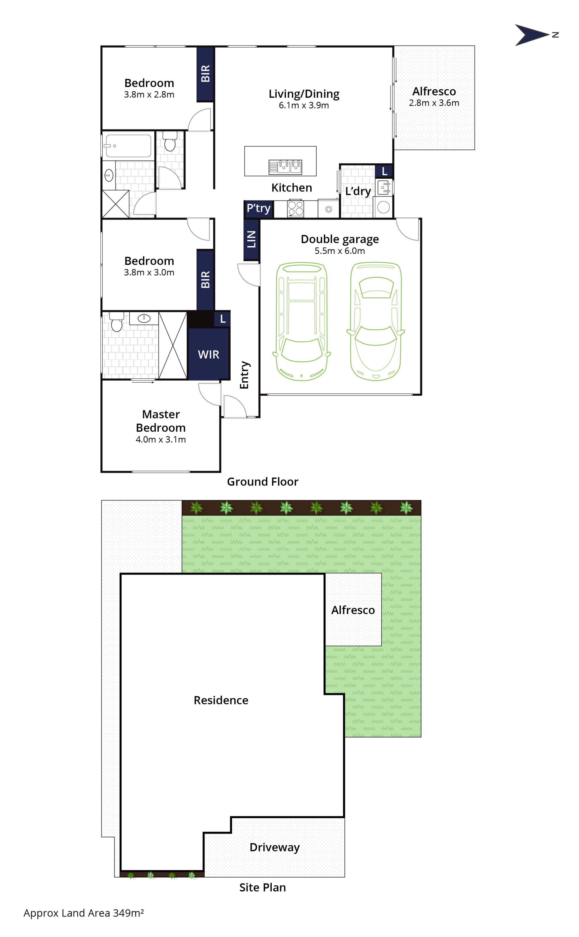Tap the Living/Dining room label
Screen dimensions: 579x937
[304, 94]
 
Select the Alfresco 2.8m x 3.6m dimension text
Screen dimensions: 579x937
[434, 103]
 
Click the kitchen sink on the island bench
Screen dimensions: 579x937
[285, 167]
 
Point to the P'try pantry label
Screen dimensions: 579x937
[259, 208]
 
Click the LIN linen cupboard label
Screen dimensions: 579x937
[251, 239]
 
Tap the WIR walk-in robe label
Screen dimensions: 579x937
[209, 355]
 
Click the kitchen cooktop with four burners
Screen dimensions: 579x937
[296, 208]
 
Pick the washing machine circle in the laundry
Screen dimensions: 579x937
[383, 207]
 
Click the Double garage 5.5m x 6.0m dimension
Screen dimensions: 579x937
[340, 251]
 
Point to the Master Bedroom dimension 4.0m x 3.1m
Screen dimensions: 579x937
[161, 439]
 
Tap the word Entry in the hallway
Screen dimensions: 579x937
[245, 375]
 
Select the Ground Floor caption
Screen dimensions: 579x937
[263, 482]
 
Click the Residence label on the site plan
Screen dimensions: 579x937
[221, 700]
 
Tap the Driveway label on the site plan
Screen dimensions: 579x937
[275, 847]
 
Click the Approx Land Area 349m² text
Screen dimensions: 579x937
[83, 913]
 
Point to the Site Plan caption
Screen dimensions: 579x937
[263, 888]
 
